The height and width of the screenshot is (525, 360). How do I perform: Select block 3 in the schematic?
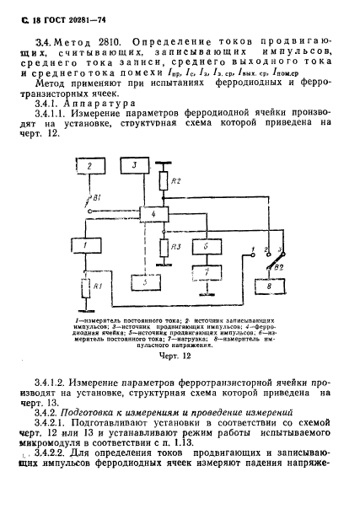tap(134, 166)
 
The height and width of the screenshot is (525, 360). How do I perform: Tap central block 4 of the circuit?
tap(153, 216)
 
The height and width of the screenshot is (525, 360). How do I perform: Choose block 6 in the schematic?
tap(205, 247)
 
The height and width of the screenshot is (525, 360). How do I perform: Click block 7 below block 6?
tap(205, 273)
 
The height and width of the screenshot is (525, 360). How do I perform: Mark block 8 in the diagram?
tap(269, 287)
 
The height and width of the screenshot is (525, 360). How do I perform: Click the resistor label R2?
tap(175, 181)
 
